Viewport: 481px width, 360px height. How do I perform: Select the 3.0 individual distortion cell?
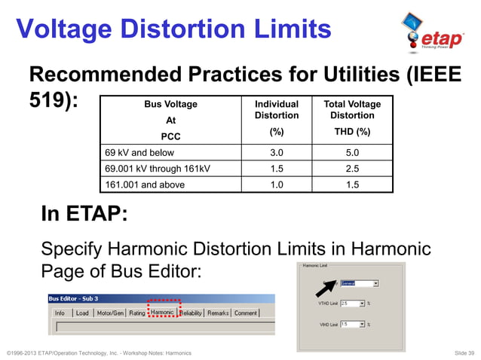click(x=277, y=152)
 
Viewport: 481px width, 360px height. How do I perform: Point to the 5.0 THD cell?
click(x=351, y=152)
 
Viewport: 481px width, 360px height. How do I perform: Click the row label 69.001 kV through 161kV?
click(x=158, y=168)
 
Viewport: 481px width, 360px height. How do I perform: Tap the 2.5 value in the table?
click(x=351, y=168)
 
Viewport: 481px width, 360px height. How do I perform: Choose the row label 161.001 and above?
click(x=144, y=184)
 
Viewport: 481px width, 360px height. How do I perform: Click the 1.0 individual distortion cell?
click(x=277, y=184)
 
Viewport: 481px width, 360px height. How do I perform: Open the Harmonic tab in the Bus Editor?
click(x=163, y=313)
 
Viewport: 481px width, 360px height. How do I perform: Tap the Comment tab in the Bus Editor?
click(x=246, y=313)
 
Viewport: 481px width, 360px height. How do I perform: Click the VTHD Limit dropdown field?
click(x=352, y=303)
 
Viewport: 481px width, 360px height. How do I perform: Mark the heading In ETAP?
click(x=84, y=215)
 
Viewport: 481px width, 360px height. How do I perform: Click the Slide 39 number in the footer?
click(x=460, y=352)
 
